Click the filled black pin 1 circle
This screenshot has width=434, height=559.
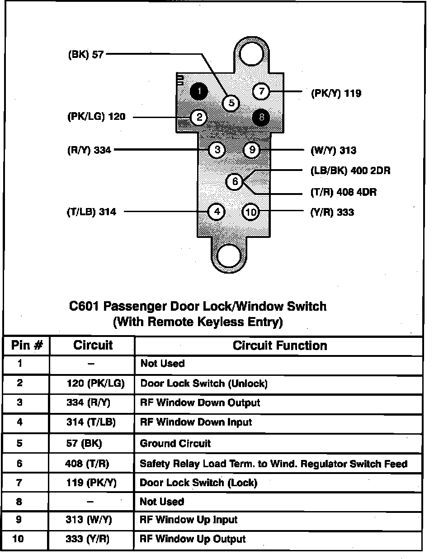[198, 91]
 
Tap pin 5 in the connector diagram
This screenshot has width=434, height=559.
[231, 103]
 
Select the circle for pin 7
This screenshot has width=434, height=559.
[261, 91]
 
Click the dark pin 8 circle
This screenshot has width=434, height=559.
[261, 118]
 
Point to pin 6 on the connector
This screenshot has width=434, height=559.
[235, 182]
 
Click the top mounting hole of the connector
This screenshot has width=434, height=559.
[251, 54]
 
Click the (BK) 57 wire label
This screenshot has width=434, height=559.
[86, 55]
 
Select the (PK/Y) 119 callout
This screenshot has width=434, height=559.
[336, 94]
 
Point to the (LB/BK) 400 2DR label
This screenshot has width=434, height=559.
[350, 171]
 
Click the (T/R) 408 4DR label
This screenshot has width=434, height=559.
[343, 192]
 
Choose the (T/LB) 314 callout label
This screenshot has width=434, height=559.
[91, 212]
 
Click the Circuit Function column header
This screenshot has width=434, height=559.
[279, 346]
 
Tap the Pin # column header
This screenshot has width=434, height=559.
[27, 346]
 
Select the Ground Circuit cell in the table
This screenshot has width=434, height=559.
[175, 443]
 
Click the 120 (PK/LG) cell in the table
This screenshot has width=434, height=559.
[95, 384]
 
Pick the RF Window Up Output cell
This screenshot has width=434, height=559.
[193, 539]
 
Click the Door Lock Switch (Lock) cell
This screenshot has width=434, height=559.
[198, 483]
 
